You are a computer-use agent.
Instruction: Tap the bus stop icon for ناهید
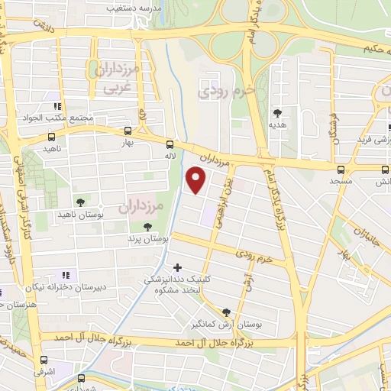click(51, 137)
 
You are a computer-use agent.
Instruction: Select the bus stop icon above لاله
click(170, 144)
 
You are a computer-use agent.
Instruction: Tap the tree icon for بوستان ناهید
click(80, 202)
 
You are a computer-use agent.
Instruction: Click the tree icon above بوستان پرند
click(147, 227)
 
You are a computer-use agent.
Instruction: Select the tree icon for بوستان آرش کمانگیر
click(226, 312)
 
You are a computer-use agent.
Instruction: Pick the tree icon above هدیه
click(277, 113)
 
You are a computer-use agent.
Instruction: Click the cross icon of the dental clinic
click(178, 267)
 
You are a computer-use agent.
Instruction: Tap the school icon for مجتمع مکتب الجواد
click(57, 106)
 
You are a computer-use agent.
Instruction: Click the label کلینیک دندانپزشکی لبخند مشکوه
click(178, 285)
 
